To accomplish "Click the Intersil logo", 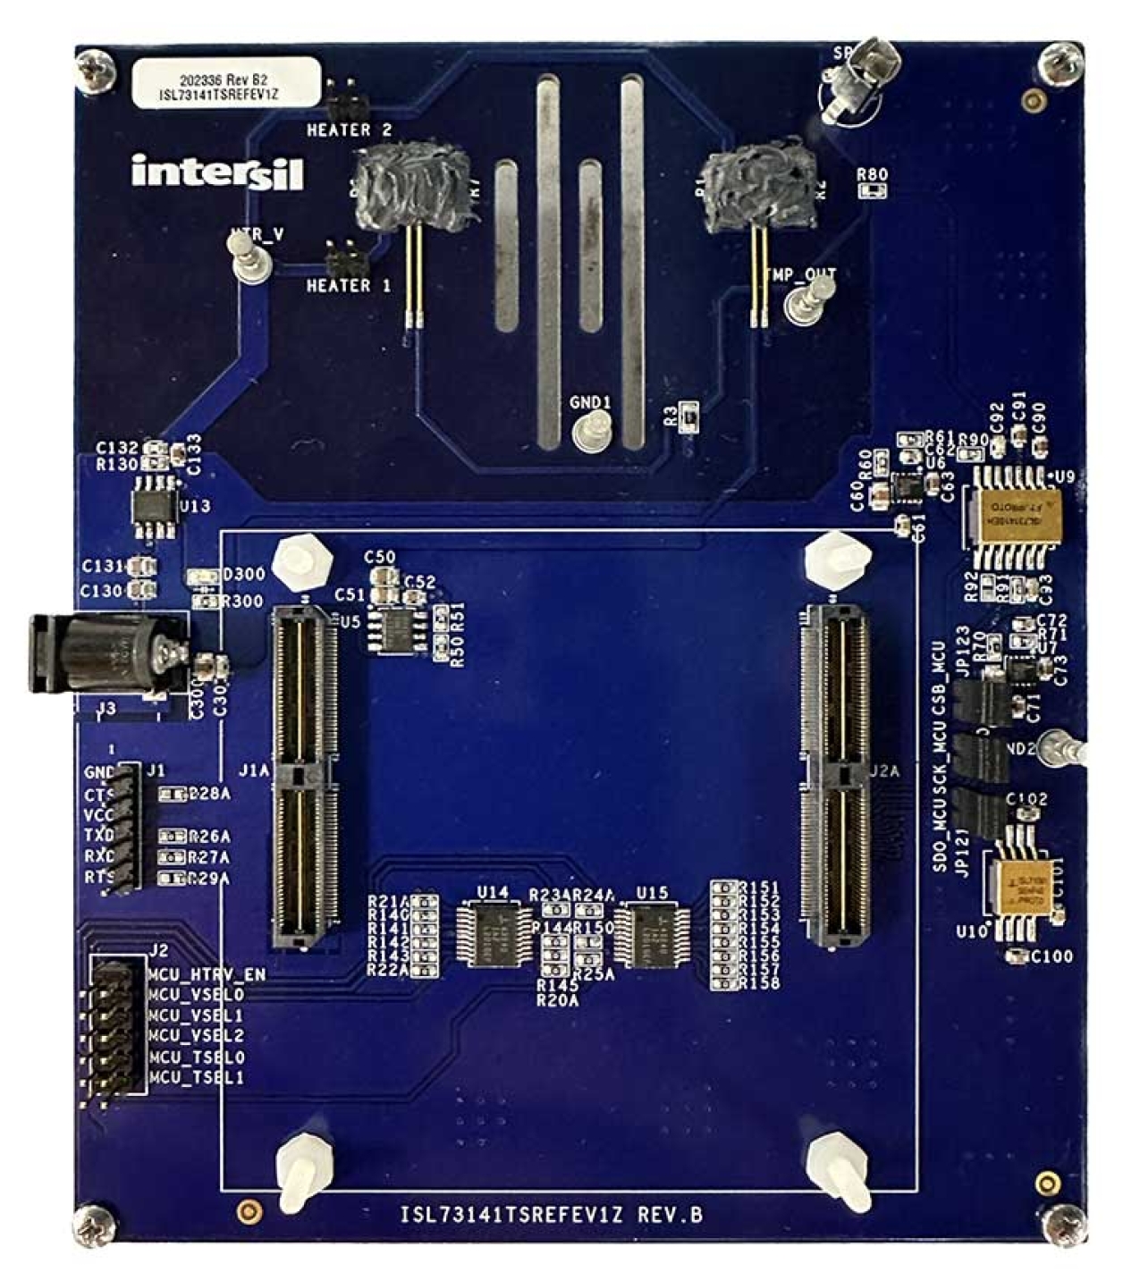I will pos(217,172).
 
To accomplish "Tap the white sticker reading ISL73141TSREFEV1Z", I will pos(225,84).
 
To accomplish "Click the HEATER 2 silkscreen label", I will pos(349,131).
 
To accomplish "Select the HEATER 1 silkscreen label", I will pos(349,286).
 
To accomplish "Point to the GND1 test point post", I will pos(589,432).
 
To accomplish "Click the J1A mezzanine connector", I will pos(305,776).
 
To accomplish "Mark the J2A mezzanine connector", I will pos(835,776).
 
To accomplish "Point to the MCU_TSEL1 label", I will pos(196,1078).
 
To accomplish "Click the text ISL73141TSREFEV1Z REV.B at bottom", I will pos(552,1216).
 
